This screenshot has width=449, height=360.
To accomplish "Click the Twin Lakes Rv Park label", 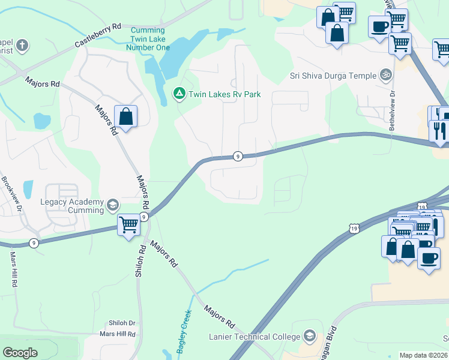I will (x=224, y=94).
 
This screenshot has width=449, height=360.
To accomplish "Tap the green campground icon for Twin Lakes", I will (x=179, y=94).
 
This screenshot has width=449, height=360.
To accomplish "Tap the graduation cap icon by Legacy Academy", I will (x=112, y=206).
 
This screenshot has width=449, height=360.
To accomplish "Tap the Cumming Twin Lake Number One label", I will (x=148, y=38).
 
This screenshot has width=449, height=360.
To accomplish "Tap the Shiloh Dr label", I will (x=122, y=323).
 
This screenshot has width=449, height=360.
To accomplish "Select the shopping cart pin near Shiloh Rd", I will (x=128, y=226).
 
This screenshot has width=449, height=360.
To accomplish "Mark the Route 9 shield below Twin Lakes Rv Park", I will (x=238, y=156).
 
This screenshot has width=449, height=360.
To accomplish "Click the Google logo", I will (x=20, y=353).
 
